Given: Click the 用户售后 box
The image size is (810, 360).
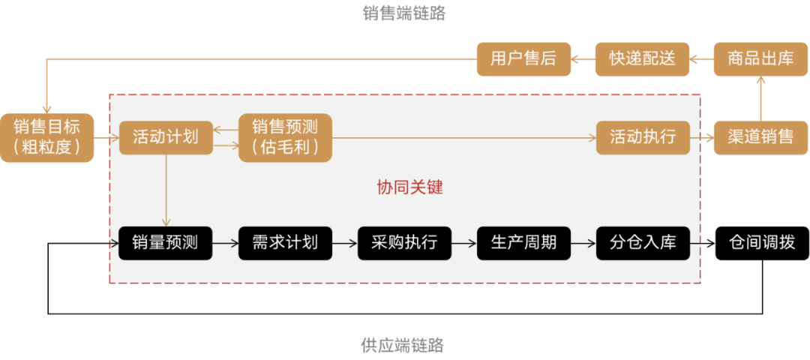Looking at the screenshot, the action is (x=523, y=58).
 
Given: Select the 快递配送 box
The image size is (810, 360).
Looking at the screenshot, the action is (x=642, y=58).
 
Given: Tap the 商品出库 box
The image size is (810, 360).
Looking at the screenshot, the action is (x=760, y=58).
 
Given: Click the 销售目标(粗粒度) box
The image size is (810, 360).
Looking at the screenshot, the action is (x=47, y=137).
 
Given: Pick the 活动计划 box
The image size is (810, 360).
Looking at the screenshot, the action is (x=166, y=137).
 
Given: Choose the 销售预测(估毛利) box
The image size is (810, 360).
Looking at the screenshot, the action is (x=285, y=137).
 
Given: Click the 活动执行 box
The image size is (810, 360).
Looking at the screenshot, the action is (x=643, y=137).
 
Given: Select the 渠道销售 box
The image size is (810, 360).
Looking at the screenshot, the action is (x=760, y=137).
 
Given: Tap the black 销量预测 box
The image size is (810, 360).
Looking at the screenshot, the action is (x=166, y=243).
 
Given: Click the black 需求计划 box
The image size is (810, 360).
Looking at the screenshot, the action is (x=285, y=243).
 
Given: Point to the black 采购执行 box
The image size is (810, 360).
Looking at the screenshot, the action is (x=404, y=243).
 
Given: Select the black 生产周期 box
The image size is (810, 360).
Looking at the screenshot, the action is (x=523, y=243).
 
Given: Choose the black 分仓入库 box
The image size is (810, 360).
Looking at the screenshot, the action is (x=643, y=243).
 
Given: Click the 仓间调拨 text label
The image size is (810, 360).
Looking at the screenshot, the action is (x=761, y=243).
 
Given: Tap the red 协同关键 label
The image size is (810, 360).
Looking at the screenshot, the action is (x=409, y=187).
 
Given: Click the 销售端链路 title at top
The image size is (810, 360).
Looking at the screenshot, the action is (x=404, y=13).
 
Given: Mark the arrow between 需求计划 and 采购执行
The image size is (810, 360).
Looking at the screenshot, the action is (x=344, y=243).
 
